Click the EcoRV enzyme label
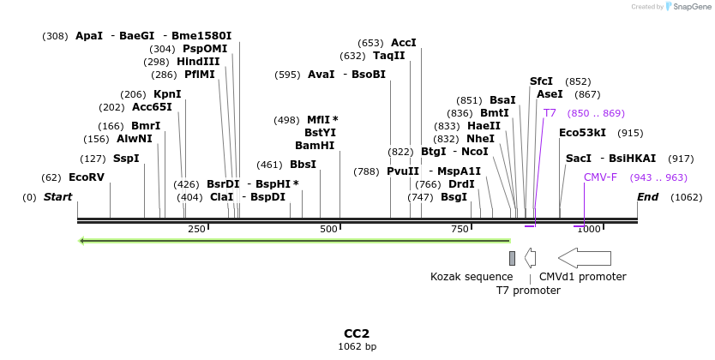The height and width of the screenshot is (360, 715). coord(87,177)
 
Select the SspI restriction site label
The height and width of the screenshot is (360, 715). coord(126,159)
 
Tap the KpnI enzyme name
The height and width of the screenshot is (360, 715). coord(167,94)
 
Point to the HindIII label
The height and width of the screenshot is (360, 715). coord(198,62)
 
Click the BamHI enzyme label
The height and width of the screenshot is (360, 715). coord(315,146)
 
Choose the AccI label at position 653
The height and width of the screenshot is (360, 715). coord(403,43)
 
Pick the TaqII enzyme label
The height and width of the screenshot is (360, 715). coord(388,56)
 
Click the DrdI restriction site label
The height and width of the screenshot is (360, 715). coord(461,184)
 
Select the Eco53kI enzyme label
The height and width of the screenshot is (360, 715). coord(582,133)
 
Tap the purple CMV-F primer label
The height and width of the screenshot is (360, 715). coord(600,177)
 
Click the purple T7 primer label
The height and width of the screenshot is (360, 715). coord(550,113)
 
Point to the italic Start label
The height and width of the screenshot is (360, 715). coord(57,197)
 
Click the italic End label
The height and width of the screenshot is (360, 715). coord(648,197)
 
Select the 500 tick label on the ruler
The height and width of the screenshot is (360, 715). coord(328,229)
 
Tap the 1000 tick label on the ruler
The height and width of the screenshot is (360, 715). coord(588,229)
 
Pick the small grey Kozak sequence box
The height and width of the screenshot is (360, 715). coord(512,258)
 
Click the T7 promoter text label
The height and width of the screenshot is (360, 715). coord(528,291)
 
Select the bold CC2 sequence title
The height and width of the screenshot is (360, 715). coord(357,333)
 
